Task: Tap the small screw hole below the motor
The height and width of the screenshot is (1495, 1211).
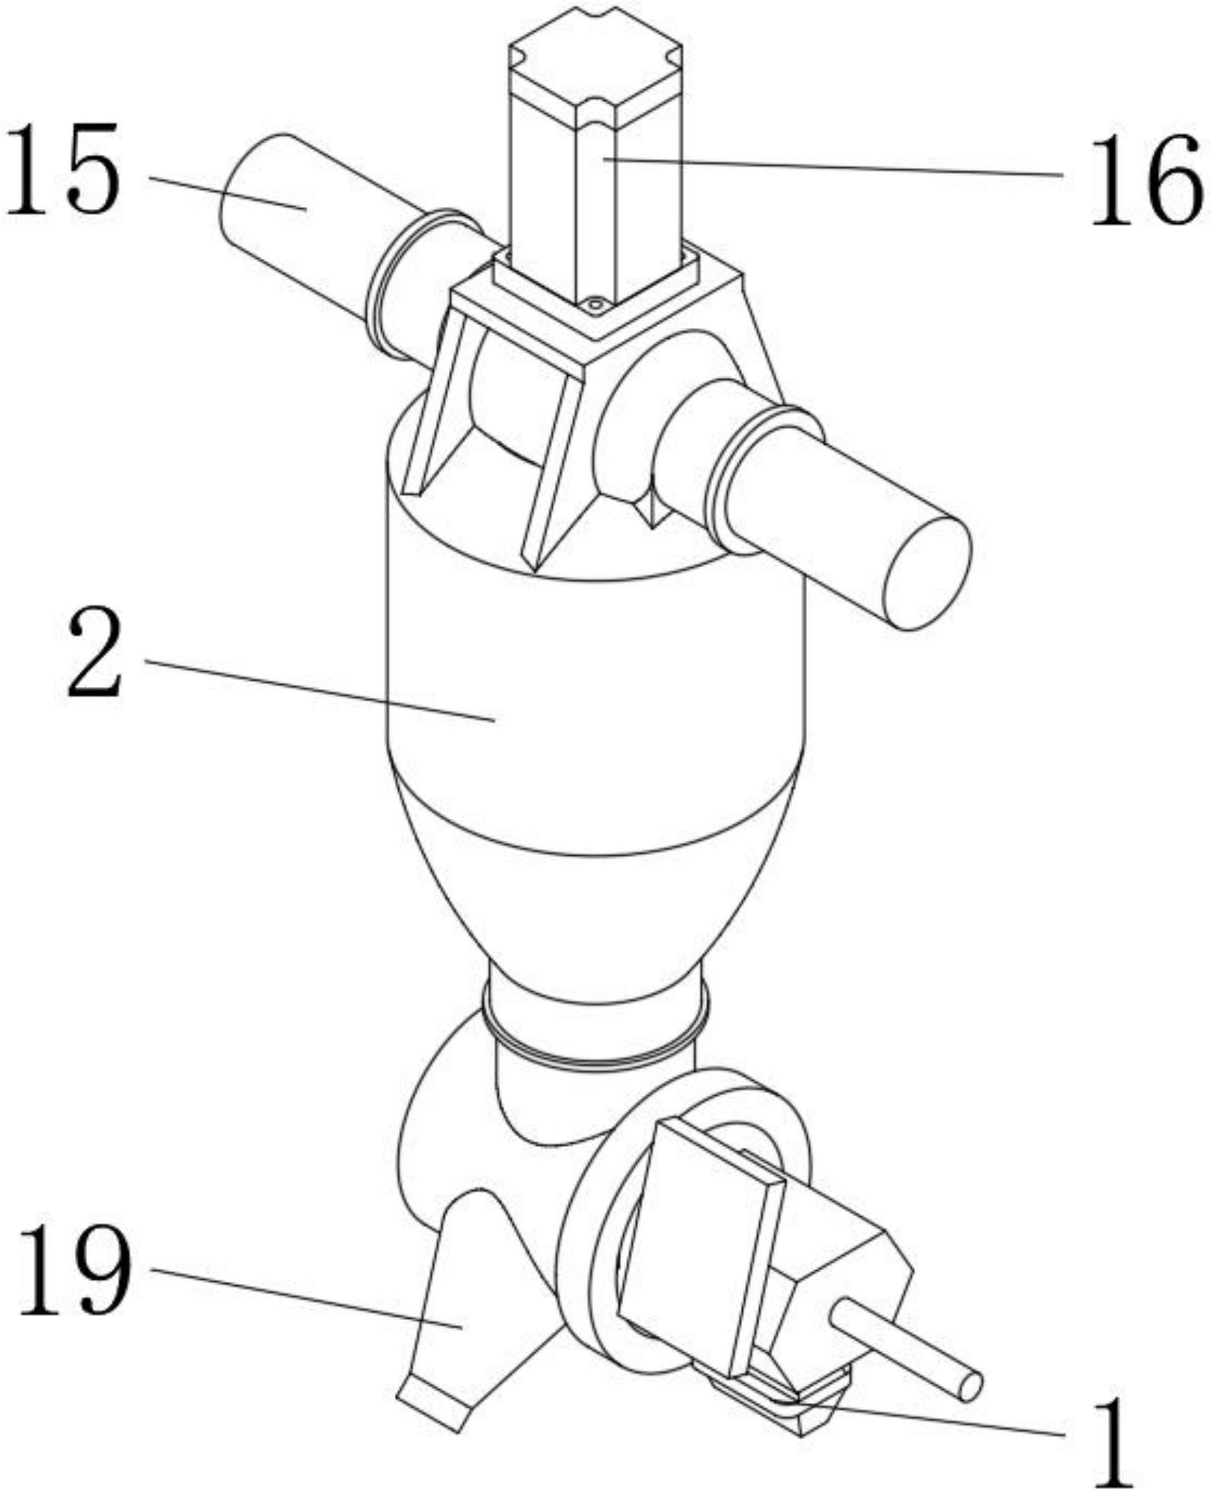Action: pos(594,304)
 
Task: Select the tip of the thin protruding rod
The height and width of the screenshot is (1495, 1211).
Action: pos(970,1387)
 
